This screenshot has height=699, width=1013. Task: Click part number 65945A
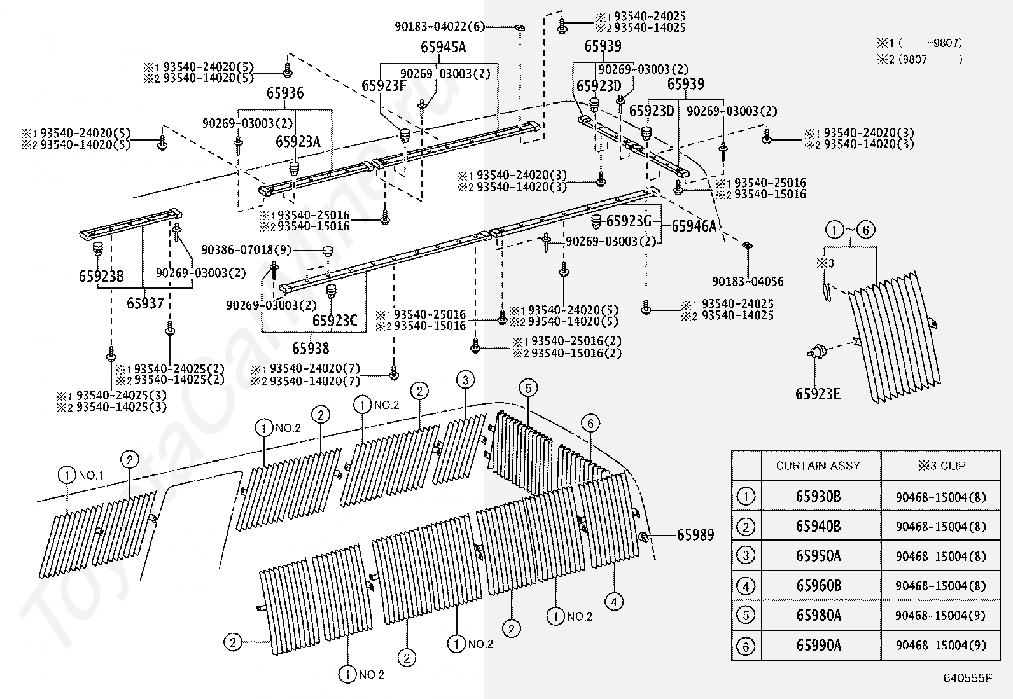pyautogui.click(x=443, y=46)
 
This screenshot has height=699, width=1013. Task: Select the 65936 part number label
pyautogui.click(x=284, y=93)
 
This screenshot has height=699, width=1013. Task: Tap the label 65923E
pyautogui.click(x=818, y=394)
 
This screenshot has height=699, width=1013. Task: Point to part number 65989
pyautogui.click(x=695, y=536)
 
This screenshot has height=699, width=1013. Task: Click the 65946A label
pyautogui.click(x=694, y=226)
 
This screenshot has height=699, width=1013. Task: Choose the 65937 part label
pyautogui.click(x=145, y=303)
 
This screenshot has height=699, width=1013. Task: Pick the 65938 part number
pyautogui.click(x=311, y=348)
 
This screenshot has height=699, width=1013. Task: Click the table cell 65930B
pyautogui.click(x=818, y=497)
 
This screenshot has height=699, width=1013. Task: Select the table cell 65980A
pyautogui.click(x=818, y=615)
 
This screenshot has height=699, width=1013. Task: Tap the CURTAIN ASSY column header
pyautogui.click(x=818, y=466)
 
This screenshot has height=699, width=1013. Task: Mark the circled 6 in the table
pyautogui.click(x=745, y=646)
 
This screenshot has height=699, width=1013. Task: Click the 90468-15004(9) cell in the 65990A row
pyautogui.click(x=940, y=646)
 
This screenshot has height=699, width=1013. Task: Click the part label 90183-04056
pyautogui.click(x=748, y=282)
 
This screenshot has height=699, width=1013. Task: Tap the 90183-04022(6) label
pyautogui.click(x=439, y=27)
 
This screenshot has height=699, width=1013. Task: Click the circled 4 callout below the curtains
pyautogui.click(x=614, y=601)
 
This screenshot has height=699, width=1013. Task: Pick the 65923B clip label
pyautogui.click(x=101, y=276)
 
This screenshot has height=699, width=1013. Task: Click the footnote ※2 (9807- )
pyautogui.click(x=919, y=59)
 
